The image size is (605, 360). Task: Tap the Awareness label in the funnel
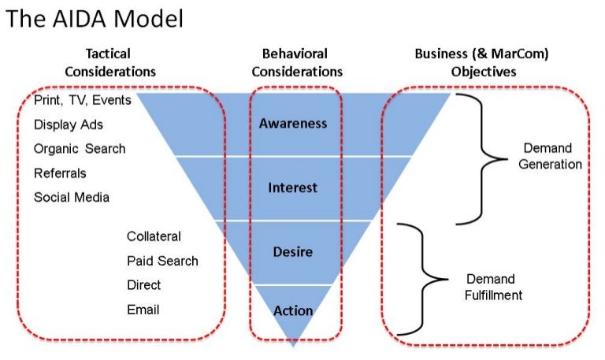[x=292, y=124]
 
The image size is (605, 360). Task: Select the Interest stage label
[x=292, y=187]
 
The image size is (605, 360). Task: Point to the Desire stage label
[x=292, y=252]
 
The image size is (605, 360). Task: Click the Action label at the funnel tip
[x=292, y=310]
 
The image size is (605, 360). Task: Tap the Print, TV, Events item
[x=83, y=101]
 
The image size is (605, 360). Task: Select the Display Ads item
[x=69, y=124]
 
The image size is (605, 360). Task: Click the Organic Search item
[x=80, y=149]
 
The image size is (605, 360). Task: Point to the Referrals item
[x=60, y=173]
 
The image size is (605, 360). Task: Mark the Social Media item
[x=72, y=197]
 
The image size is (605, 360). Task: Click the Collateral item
[x=154, y=236]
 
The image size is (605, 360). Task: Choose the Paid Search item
[x=162, y=261]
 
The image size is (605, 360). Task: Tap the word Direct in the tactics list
[x=143, y=285]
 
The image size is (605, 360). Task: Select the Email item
[x=143, y=310]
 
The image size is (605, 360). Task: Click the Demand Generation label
[x=550, y=156]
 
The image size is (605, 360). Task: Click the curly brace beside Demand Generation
[x=481, y=158]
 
